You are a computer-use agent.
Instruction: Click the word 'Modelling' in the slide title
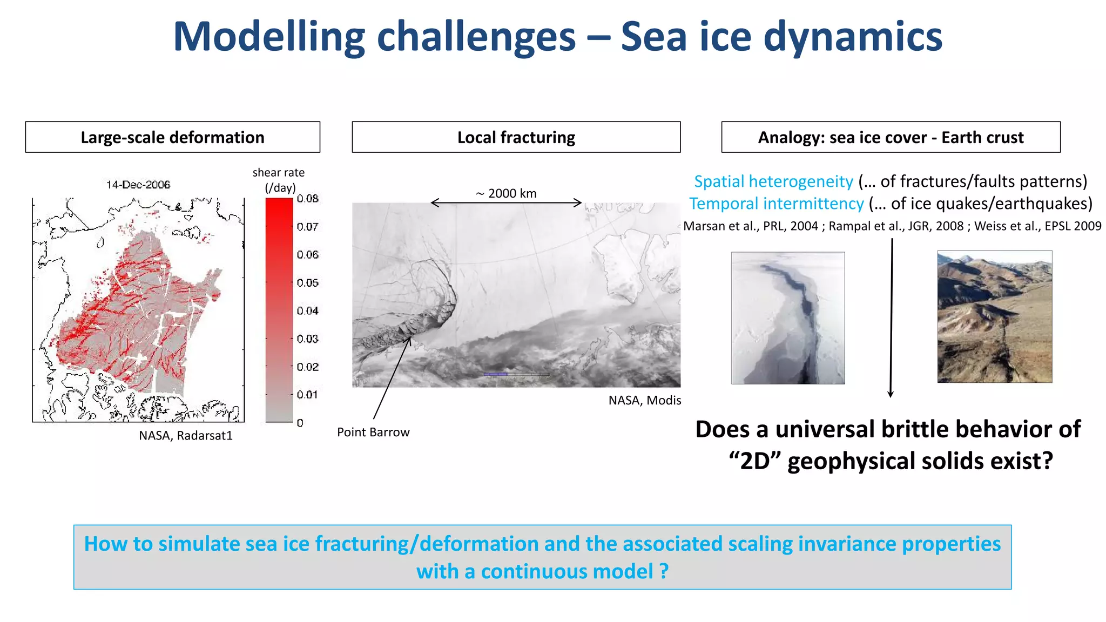point(269,37)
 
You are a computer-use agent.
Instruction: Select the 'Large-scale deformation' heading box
point(172,137)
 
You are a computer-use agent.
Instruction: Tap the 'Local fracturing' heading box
point(516,137)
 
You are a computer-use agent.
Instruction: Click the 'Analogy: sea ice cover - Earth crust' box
point(890,137)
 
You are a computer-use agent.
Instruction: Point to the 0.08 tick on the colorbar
point(307,199)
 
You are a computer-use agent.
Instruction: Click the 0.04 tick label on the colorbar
point(307,311)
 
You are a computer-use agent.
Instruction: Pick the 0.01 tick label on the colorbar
point(307,395)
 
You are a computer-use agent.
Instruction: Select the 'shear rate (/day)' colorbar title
point(279,180)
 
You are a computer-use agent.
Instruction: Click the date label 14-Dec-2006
point(138,185)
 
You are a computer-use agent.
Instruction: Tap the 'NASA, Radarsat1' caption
point(185,436)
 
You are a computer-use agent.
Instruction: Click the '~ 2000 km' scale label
point(506,193)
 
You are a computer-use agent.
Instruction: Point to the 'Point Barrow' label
point(373,432)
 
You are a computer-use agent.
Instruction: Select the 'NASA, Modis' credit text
point(644,401)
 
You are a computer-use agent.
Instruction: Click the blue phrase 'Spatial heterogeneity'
point(773,181)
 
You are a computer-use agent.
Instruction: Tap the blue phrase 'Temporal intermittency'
point(776,204)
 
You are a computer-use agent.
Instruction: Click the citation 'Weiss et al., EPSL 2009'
point(1037,226)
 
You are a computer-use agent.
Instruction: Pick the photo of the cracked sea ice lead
point(788,318)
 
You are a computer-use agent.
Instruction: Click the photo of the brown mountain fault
point(994,317)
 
